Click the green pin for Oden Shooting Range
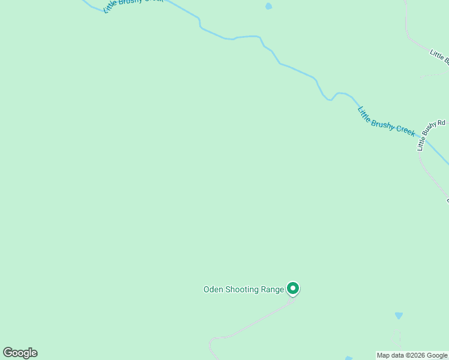(x=293, y=289)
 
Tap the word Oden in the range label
(x=213, y=289)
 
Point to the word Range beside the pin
(x=272, y=289)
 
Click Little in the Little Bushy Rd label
(x=422, y=145)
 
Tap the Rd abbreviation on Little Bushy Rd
(x=442, y=123)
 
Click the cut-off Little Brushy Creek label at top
(x=126, y=5)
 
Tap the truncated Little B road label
(x=439, y=56)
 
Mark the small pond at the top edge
(x=268, y=7)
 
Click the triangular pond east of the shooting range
(x=399, y=315)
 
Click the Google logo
(x=20, y=353)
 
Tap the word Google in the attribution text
(x=437, y=356)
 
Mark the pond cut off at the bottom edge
(x=349, y=358)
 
